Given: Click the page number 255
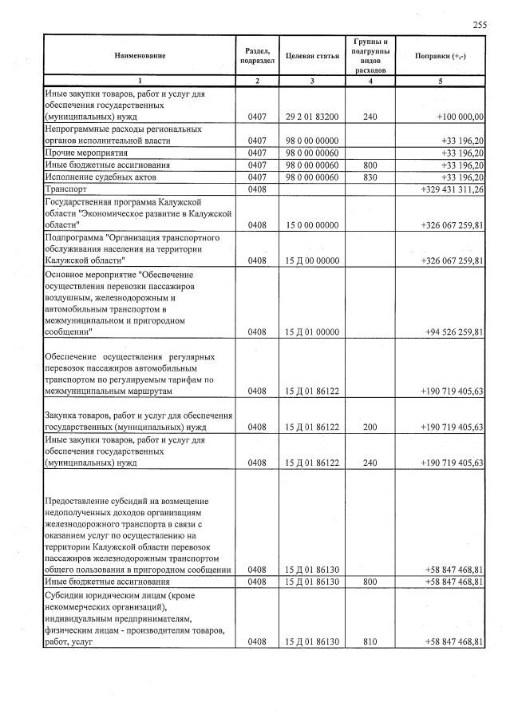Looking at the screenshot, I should click(x=480, y=25).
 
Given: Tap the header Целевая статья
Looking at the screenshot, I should click(x=312, y=55).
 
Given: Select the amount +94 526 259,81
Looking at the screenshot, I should click(x=454, y=332).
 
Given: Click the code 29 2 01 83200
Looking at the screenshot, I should click(x=312, y=117).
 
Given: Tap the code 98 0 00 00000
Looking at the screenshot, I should click(x=312, y=140).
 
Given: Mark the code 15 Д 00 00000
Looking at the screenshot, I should click(x=312, y=260).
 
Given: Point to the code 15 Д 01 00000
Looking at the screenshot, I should click(x=312, y=332).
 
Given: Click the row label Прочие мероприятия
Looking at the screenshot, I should click(x=87, y=152).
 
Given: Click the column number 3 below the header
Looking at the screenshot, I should click(x=312, y=81).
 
